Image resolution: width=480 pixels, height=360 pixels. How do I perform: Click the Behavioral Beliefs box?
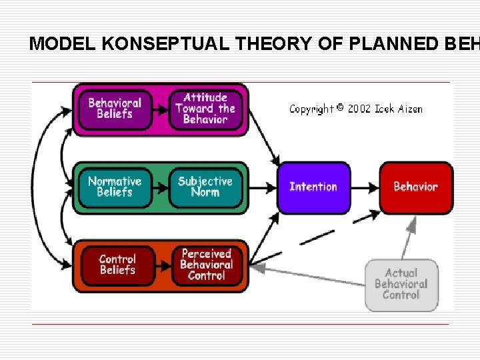pyautogui.click(x=115, y=109)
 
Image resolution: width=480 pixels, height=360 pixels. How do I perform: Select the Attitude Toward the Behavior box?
pyautogui.click(x=205, y=109)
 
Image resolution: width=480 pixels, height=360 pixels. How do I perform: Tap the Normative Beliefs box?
pyautogui.click(x=115, y=186)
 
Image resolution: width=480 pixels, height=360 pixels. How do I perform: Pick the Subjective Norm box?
pyautogui.click(x=205, y=186)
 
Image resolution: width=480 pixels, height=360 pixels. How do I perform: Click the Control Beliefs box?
pyautogui.click(x=117, y=264)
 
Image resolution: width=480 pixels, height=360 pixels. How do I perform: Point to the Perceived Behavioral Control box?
pyautogui.click(x=207, y=264)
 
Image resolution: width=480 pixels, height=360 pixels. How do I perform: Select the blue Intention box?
pyautogui.click(x=313, y=187)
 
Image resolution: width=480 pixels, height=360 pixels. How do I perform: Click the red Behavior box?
pyautogui.click(x=416, y=187)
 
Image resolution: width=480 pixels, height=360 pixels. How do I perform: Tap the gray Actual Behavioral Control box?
pyautogui.click(x=401, y=284)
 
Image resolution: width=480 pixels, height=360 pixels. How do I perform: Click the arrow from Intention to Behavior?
pyautogui.click(x=365, y=187)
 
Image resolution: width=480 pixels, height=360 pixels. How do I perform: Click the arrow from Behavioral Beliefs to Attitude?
pyautogui.click(x=160, y=109)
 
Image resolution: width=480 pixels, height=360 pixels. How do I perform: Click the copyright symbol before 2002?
pyautogui.click(x=339, y=107)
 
